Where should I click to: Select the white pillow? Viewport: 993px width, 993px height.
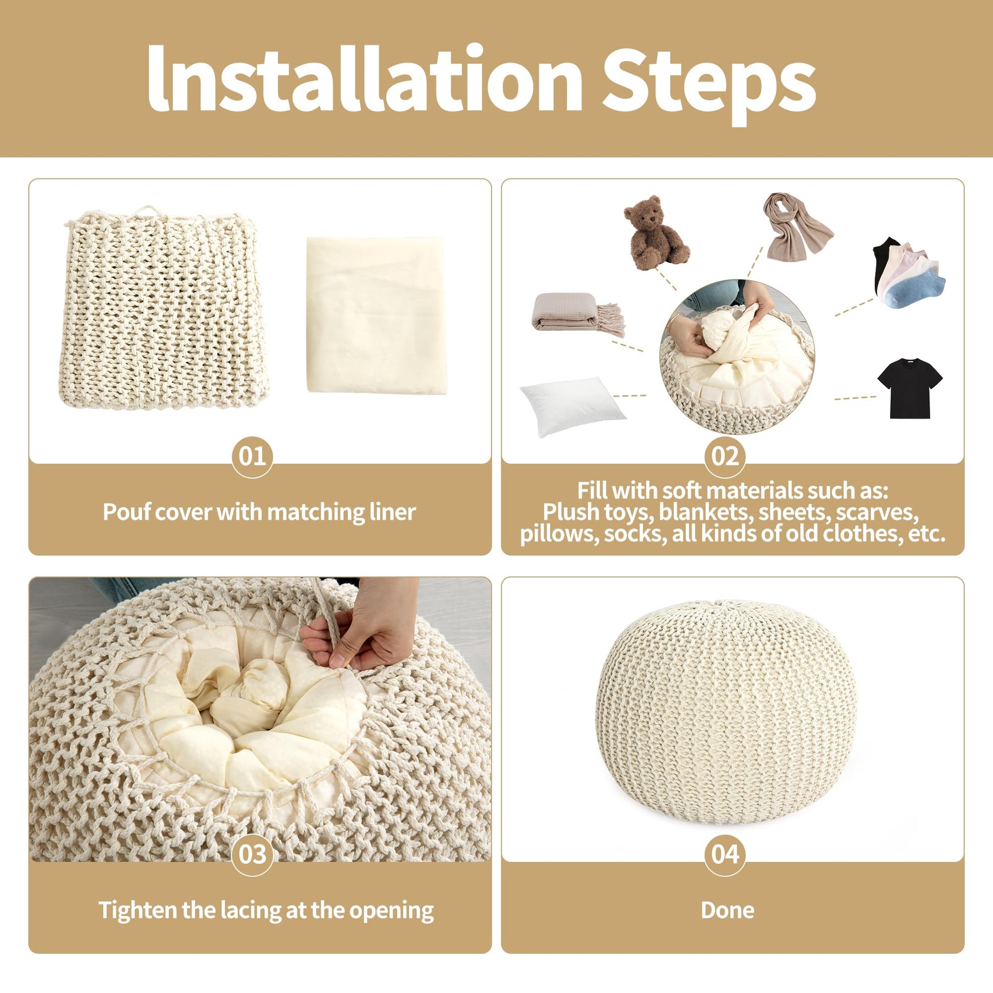tap(573, 406)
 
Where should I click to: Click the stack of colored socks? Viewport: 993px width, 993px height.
tap(908, 272)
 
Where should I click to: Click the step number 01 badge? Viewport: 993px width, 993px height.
tap(253, 456)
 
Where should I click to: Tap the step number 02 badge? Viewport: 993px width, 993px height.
tap(725, 456)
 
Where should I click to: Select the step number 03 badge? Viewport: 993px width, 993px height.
tap(253, 854)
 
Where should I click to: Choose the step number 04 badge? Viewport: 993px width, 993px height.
tap(725, 854)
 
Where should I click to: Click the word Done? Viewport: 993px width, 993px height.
tap(727, 910)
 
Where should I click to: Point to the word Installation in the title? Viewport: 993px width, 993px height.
tap(364, 78)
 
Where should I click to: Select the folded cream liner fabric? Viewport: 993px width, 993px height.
tap(377, 315)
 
